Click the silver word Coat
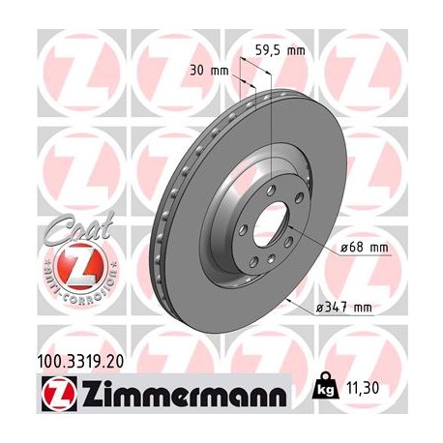pos(72,231)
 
